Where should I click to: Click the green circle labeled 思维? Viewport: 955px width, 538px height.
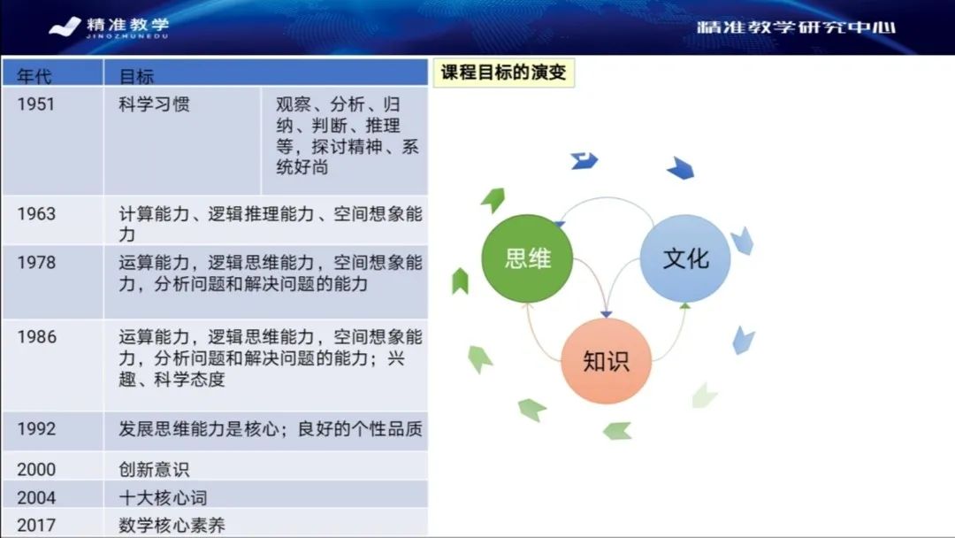click(x=527, y=257)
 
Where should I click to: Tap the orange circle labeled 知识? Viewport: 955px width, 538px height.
click(x=606, y=360)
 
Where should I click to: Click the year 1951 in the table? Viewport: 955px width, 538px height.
click(x=36, y=104)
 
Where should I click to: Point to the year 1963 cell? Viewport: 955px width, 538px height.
click(x=36, y=214)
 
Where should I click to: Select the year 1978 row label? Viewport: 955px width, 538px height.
click(x=36, y=263)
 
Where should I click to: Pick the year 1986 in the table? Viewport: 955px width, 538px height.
click(x=36, y=337)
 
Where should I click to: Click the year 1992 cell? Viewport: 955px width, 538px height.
click(x=36, y=429)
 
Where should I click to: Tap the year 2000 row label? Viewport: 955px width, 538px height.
click(x=36, y=470)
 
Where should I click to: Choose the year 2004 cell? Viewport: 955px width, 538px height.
click(x=36, y=497)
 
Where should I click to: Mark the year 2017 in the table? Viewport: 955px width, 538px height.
click(x=36, y=524)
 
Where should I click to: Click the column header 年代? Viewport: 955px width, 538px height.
click(x=34, y=75)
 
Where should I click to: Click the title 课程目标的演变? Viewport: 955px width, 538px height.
click(x=502, y=73)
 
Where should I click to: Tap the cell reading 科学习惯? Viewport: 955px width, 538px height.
click(x=154, y=104)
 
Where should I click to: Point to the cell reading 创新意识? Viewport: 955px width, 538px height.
click(x=154, y=470)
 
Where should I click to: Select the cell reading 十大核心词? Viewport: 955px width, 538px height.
click(x=163, y=497)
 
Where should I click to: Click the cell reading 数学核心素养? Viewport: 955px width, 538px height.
click(x=172, y=524)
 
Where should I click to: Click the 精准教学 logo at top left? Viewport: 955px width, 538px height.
click(x=110, y=27)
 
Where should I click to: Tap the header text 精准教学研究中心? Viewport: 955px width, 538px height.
click(x=796, y=27)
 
